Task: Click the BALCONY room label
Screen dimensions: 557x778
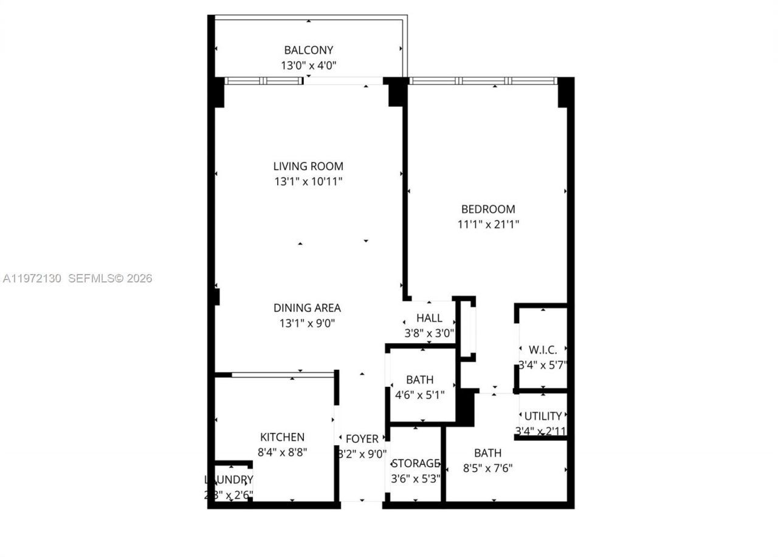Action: click(x=309, y=50)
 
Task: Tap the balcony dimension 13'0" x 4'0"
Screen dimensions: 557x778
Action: click(x=309, y=65)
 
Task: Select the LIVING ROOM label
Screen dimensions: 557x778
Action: click(x=308, y=166)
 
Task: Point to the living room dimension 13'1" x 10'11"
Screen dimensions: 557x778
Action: click(x=308, y=181)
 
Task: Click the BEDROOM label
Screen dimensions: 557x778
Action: click(x=488, y=209)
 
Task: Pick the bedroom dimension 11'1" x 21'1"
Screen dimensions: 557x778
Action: click(x=488, y=224)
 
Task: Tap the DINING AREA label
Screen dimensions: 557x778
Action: click(x=307, y=308)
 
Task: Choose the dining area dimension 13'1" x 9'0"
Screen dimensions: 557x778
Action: click(x=307, y=323)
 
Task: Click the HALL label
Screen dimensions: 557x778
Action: click(x=429, y=318)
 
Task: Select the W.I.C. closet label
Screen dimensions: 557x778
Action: click(x=543, y=350)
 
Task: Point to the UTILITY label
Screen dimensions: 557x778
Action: click(x=543, y=416)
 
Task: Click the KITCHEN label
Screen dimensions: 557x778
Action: click(x=282, y=437)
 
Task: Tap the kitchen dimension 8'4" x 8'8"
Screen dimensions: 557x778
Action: click(x=282, y=452)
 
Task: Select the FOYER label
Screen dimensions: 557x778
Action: click(x=362, y=439)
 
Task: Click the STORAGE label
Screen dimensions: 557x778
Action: click(x=416, y=463)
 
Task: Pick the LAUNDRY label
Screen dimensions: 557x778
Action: click(x=229, y=479)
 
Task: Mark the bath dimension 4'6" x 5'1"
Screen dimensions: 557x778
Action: click(x=419, y=394)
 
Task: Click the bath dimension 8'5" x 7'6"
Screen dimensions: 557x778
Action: click(x=487, y=468)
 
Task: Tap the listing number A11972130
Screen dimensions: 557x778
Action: click(x=32, y=278)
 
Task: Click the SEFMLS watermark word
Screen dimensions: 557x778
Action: click(x=91, y=278)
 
